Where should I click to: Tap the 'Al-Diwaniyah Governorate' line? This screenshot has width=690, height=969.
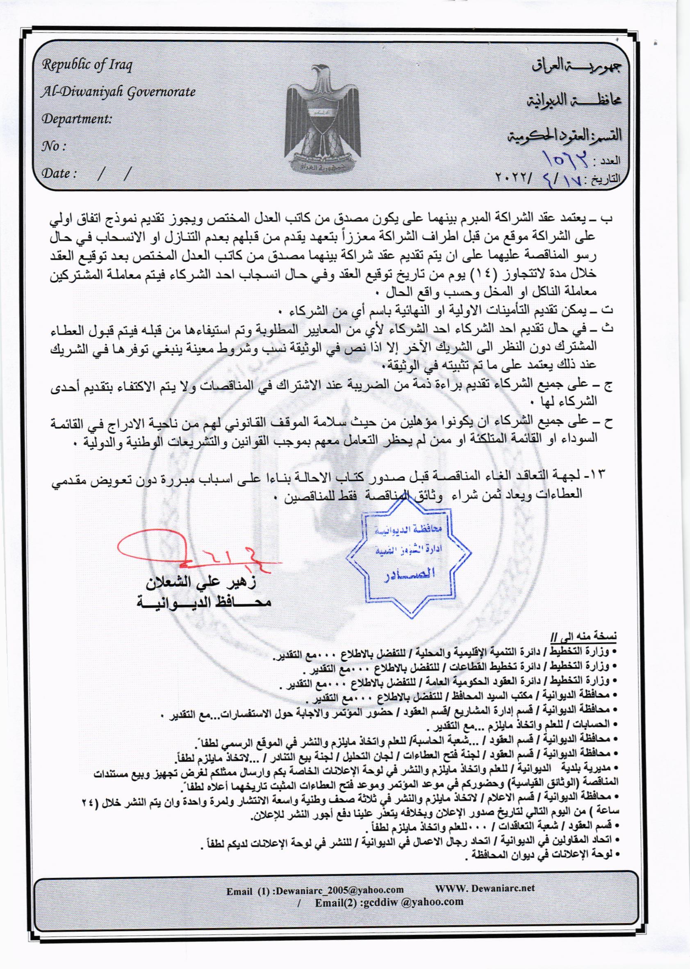(x=118, y=92)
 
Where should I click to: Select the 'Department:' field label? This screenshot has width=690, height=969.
(x=76, y=119)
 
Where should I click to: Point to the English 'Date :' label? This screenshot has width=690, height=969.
(x=59, y=174)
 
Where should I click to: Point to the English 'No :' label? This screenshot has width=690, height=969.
(x=55, y=146)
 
